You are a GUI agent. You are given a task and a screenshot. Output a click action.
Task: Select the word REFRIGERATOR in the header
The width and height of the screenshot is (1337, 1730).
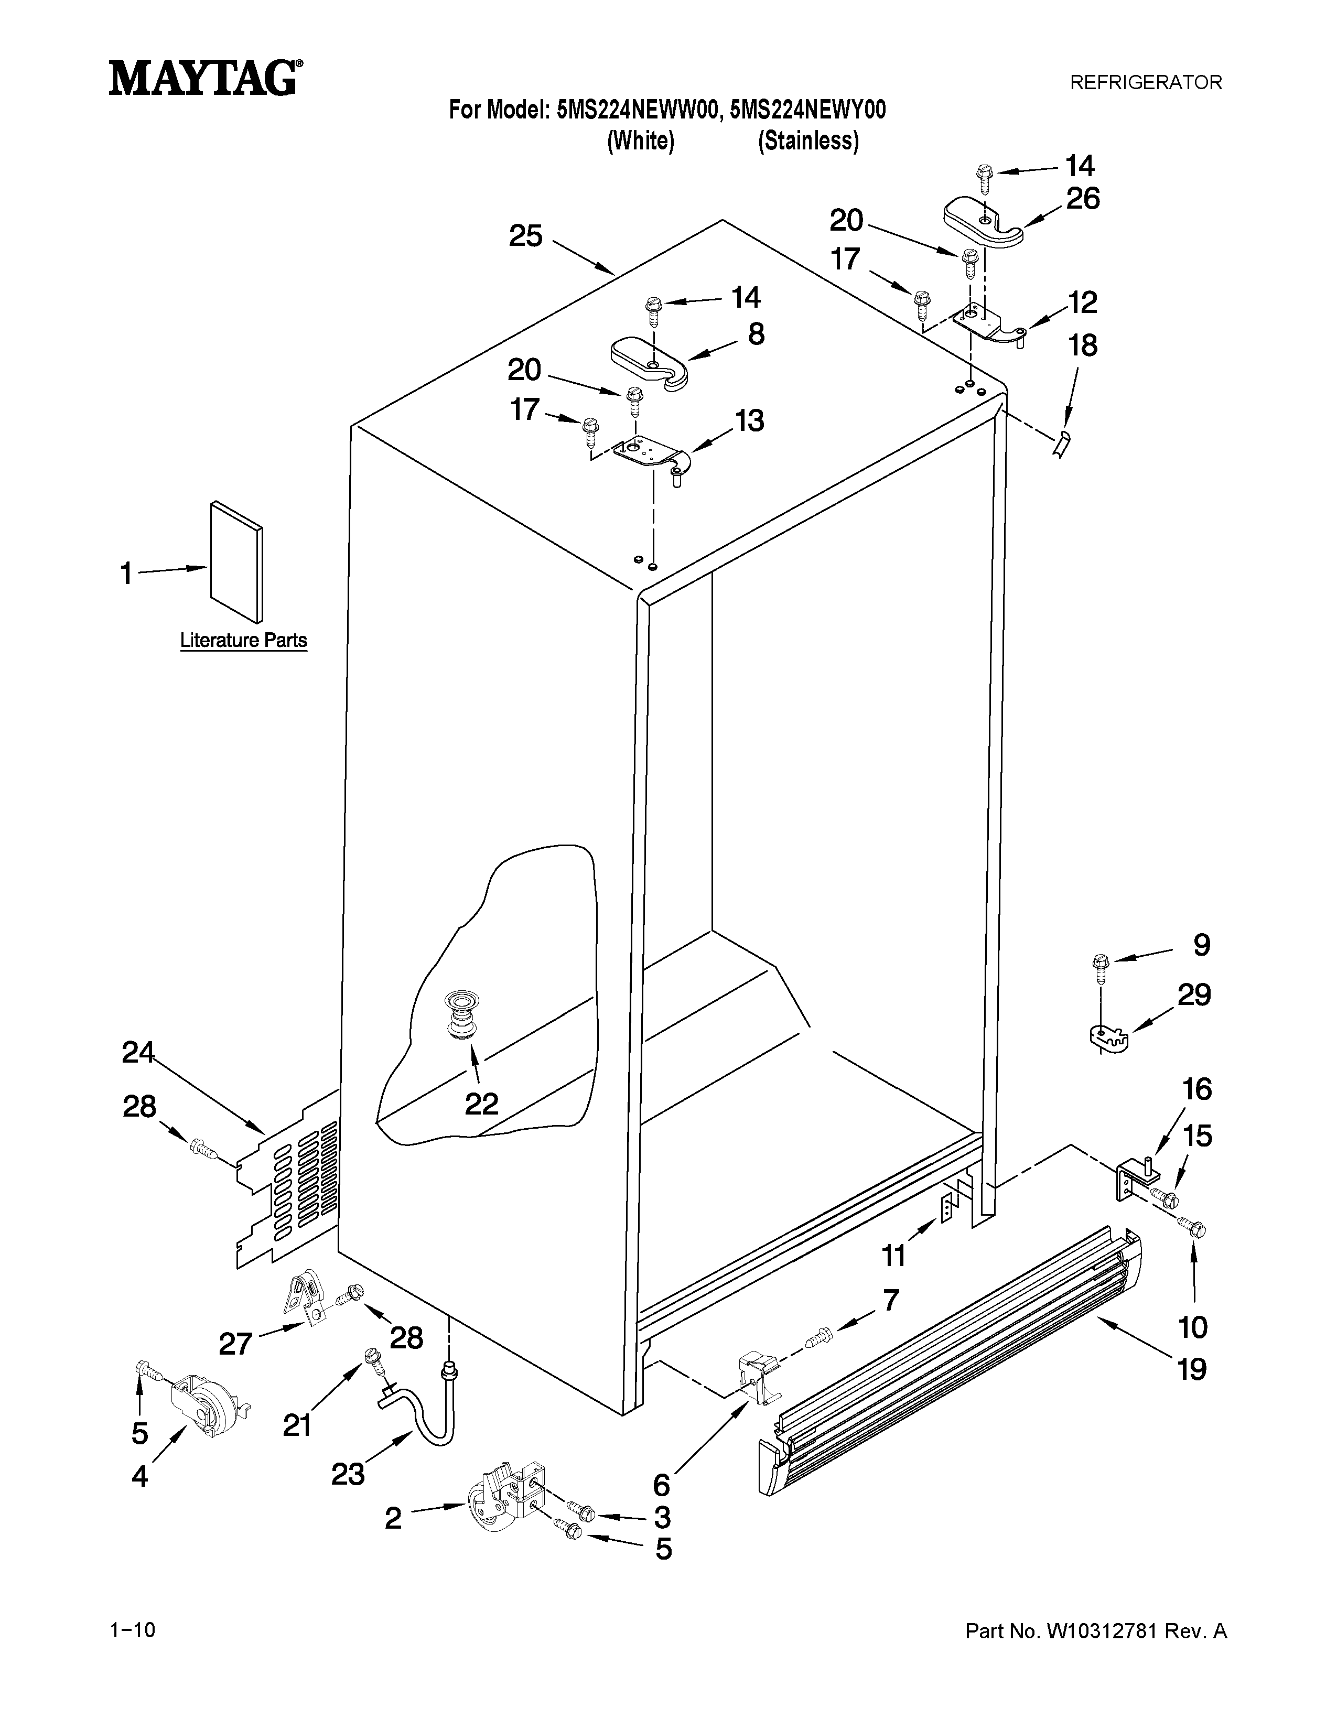(1145, 82)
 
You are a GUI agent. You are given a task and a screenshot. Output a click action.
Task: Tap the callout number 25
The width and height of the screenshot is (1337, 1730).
(525, 236)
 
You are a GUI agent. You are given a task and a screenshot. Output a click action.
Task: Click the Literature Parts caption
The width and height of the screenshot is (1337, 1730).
(243, 640)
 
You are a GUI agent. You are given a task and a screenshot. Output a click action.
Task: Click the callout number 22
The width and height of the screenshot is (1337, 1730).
(481, 1104)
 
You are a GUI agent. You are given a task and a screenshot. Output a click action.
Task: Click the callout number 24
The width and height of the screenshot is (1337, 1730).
(138, 1053)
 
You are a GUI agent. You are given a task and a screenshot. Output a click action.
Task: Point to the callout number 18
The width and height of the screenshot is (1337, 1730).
(1083, 345)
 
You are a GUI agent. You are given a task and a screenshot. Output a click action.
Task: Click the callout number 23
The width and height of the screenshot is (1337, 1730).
(347, 1473)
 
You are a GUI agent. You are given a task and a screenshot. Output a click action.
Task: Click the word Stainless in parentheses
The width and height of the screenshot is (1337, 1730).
(808, 141)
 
